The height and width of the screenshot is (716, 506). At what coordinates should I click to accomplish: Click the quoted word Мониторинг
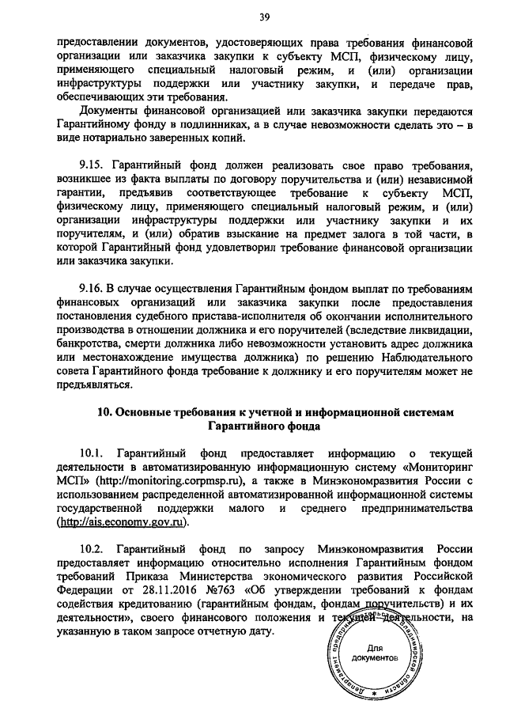(x=439, y=467)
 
